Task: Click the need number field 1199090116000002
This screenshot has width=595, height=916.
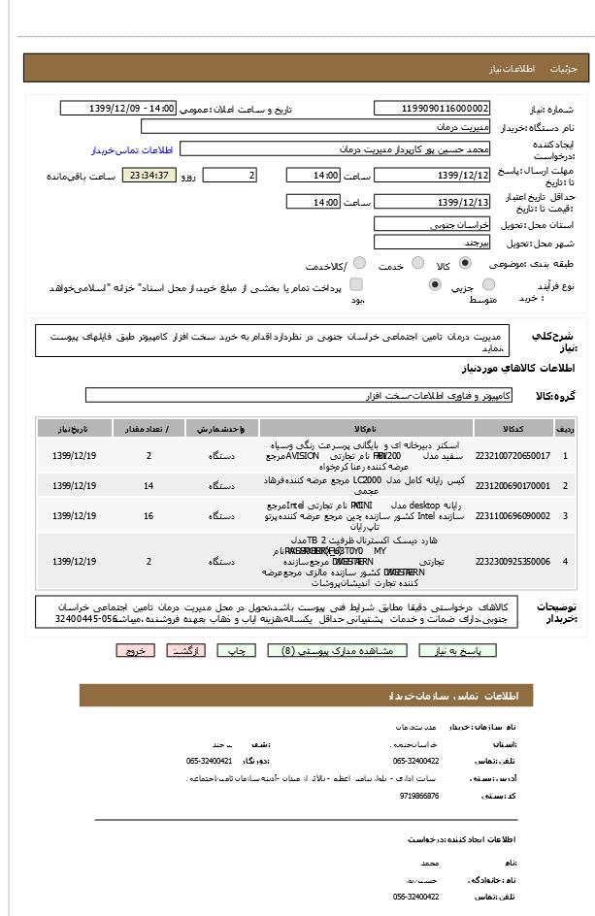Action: [x=432, y=109]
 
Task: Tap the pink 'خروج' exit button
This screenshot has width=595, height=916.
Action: [x=134, y=651]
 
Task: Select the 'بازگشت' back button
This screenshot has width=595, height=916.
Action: [x=185, y=651]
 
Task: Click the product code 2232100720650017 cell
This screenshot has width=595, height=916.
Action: [x=512, y=455]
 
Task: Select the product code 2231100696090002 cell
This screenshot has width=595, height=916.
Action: [x=512, y=515]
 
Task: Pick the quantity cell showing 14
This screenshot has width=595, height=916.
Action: [x=149, y=485]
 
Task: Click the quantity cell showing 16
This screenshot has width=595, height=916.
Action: [x=149, y=515]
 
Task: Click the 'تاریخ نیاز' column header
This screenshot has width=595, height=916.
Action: [x=75, y=428]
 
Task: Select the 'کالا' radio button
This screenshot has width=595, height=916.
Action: [x=465, y=263]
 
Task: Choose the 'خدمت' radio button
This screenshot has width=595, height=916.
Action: [x=417, y=263]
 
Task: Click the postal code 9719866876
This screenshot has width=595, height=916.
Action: [x=418, y=796]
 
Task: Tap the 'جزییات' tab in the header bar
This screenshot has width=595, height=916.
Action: [x=564, y=69]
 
